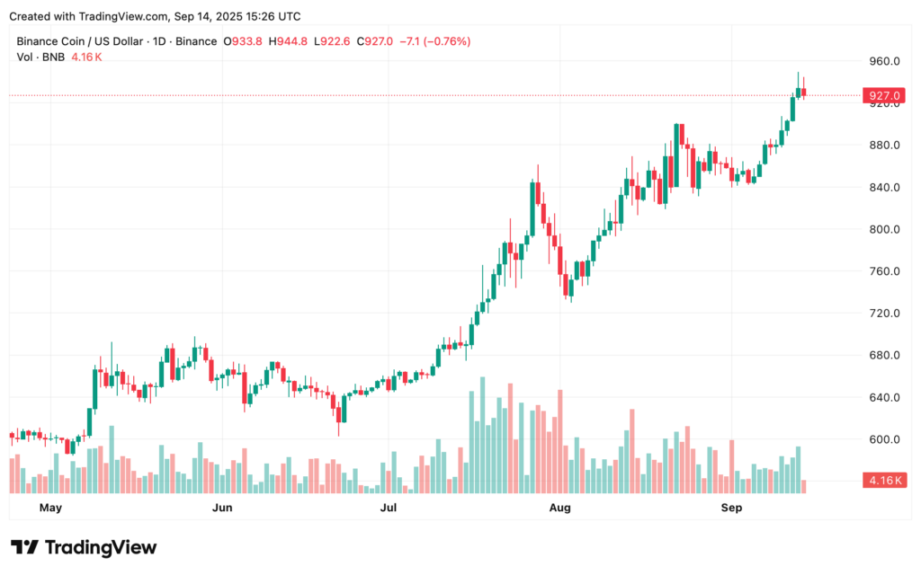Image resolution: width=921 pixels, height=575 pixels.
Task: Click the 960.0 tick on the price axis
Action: (x=883, y=61)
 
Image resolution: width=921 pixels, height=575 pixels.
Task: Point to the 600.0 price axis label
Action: (x=883, y=439)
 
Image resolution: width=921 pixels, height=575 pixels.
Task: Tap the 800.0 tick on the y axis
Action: (x=883, y=229)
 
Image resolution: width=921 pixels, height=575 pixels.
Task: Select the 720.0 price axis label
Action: (x=883, y=313)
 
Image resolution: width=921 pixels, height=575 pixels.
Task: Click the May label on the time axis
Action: (x=50, y=509)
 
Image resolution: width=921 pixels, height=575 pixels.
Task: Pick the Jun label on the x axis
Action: (x=221, y=509)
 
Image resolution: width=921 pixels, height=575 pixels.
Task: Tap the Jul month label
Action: (x=389, y=509)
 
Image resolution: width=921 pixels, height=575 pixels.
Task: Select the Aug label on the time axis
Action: (x=559, y=509)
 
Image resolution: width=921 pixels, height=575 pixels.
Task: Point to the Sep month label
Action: (x=731, y=509)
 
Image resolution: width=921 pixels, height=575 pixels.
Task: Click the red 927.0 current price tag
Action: (x=882, y=95)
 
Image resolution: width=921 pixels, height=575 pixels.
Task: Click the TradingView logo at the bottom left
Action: (x=84, y=547)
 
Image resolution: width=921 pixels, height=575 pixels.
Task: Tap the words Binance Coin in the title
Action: (x=55, y=41)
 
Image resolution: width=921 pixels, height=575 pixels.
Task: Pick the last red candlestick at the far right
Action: (x=804, y=91)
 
